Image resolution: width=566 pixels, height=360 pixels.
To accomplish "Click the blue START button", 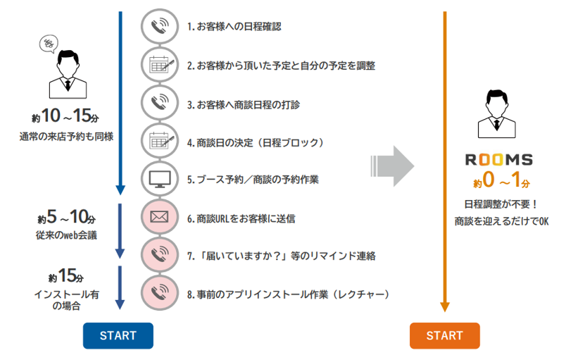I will (x=118, y=335).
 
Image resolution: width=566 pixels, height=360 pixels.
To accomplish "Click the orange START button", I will (x=444, y=335).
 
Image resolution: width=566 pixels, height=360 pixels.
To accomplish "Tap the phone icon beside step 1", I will (x=159, y=27).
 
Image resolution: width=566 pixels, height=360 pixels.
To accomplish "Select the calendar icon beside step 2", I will (x=159, y=65).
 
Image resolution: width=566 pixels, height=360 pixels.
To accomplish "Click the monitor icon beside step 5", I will (x=159, y=179).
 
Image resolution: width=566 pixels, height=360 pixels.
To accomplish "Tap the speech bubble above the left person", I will (x=49, y=45).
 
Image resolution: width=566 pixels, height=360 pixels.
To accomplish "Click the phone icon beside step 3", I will (x=159, y=103).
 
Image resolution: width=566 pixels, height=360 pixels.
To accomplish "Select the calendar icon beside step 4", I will (x=159, y=141).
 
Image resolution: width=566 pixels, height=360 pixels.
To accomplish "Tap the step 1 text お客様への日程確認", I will (x=234, y=27).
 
